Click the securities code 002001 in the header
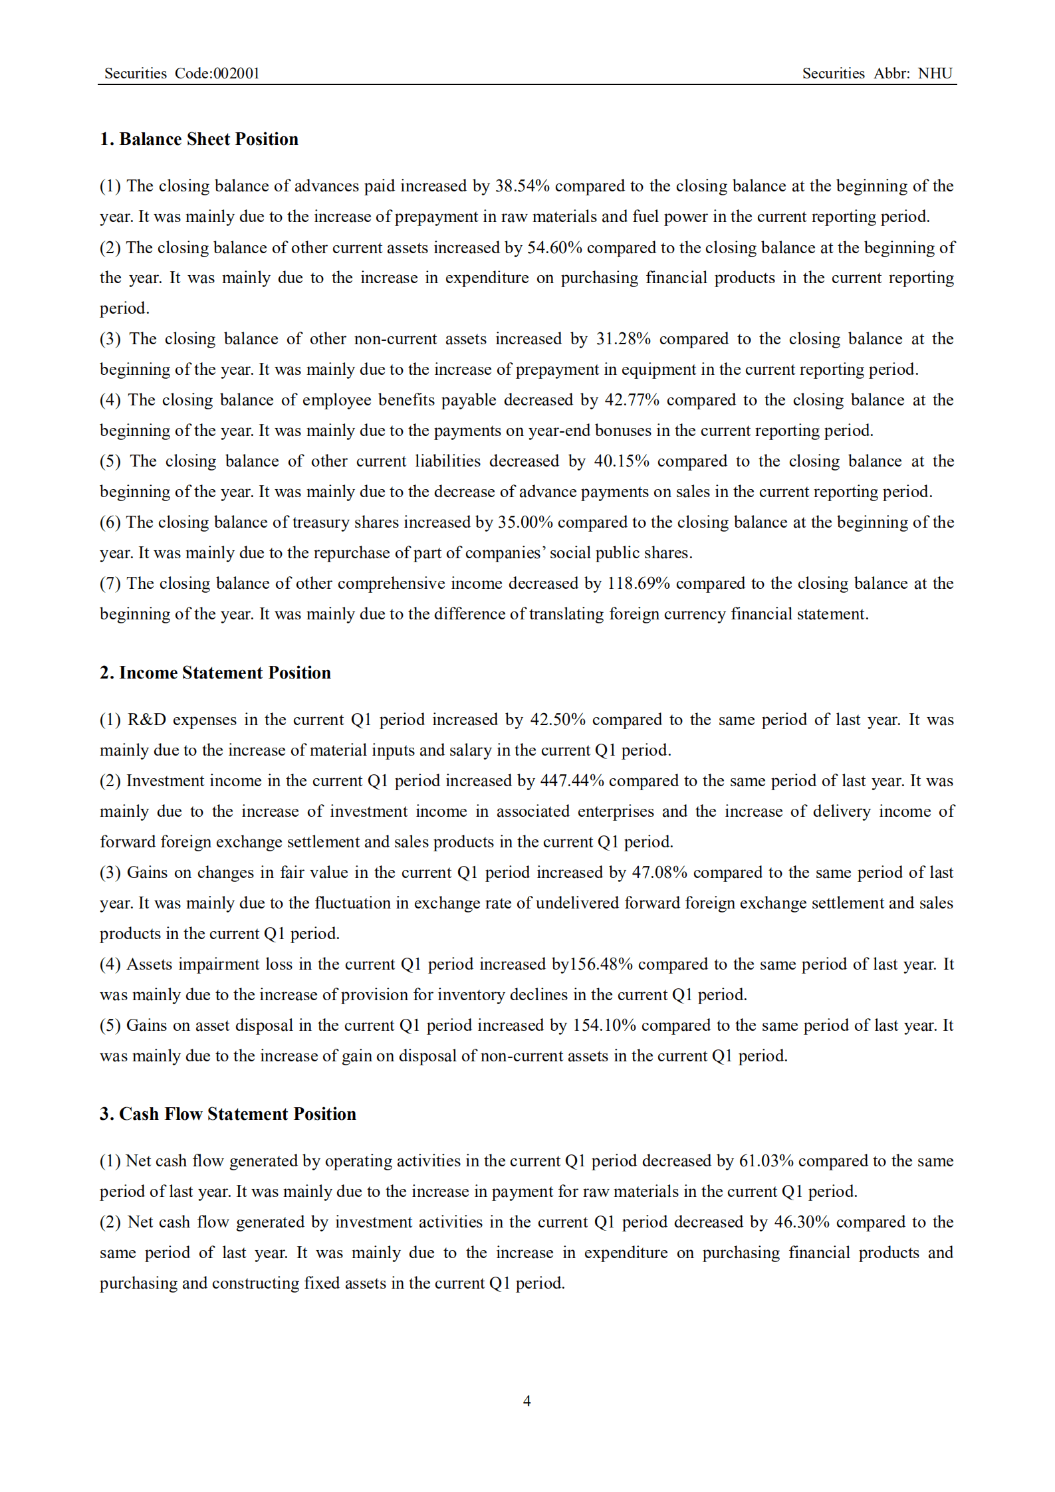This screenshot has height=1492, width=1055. coord(236,74)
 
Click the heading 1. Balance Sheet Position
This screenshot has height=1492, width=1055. coord(199,139)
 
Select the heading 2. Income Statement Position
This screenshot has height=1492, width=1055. coord(215,673)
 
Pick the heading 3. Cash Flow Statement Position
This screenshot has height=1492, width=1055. coord(227,1114)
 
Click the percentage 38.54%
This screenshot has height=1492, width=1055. coord(522,186)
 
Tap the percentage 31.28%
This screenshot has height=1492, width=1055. coord(623,339)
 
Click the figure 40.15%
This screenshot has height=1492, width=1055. coord(621,461)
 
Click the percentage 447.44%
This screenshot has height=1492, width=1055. coord(572,781)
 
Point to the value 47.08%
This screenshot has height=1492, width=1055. coord(659,873)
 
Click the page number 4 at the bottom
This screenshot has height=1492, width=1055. coord(527,1401)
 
